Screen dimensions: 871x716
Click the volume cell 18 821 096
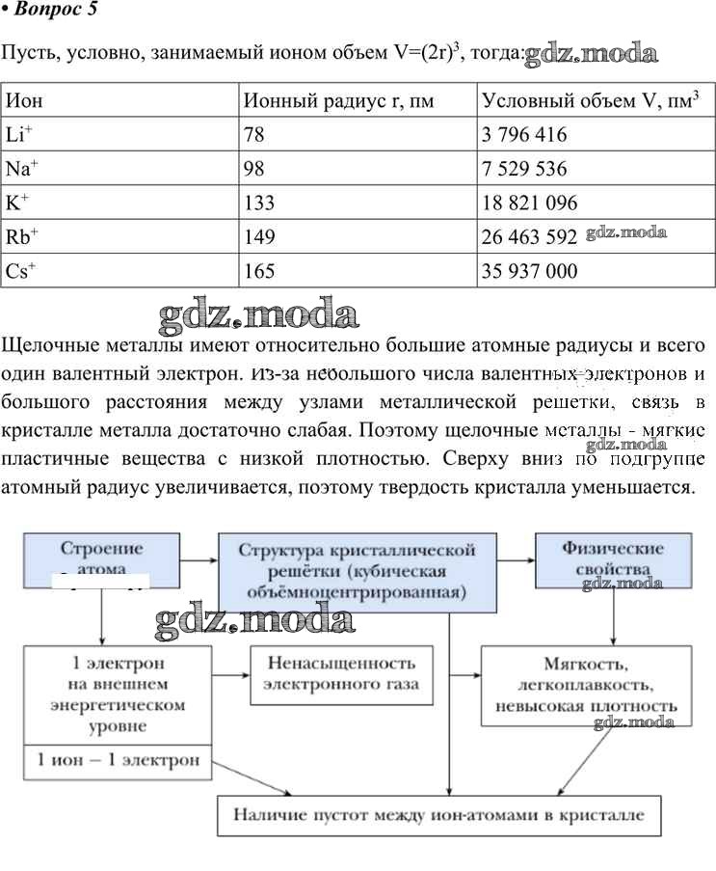pos(530,203)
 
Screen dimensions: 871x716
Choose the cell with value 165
pos(260,271)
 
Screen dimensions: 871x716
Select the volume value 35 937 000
pos(530,271)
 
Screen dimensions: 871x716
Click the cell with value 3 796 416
pos(524,134)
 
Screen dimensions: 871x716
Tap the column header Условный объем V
pos(590,100)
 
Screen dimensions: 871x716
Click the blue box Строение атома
pos(102,558)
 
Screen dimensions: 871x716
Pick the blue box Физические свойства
pos(613,558)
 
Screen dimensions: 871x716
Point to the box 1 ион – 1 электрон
pos(118,759)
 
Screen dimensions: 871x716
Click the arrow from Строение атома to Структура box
pos(199,558)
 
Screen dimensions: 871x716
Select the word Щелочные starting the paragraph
pos(47,344)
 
